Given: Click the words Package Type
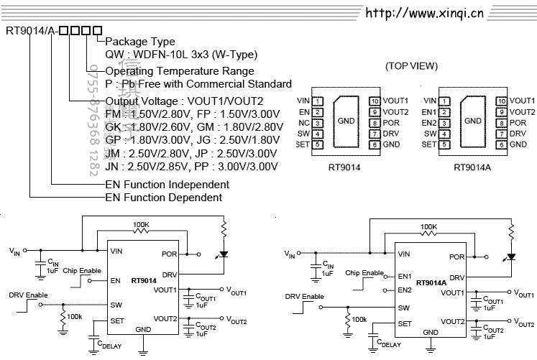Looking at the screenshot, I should pyautogui.click(x=140, y=42).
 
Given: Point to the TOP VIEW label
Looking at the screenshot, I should pyautogui.click(x=410, y=66).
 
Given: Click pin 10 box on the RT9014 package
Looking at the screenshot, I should pyautogui.click(x=374, y=101).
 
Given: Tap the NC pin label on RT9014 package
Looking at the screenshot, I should pyautogui.click(x=304, y=123).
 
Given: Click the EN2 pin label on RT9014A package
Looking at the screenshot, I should pyautogui.click(x=429, y=123).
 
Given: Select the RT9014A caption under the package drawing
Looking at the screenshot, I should pyautogui.click(x=473, y=167).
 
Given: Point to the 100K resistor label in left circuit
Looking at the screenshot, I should pyautogui.click(x=141, y=225).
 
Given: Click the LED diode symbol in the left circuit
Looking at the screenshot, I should pyautogui.click(x=224, y=254).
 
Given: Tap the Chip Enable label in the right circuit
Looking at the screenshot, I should pyautogui.click(x=364, y=272).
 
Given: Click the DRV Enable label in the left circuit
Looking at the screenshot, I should pyautogui.click(x=27, y=295).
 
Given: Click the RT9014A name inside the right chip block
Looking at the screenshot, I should pyautogui.click(x=431, y=283).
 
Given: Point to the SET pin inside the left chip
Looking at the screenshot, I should pyautogui.click(x=116, y=321).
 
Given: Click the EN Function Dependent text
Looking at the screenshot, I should pyautogui.click(x=164, y=198).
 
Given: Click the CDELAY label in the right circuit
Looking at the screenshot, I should pyautogui.click(x=387, y=344).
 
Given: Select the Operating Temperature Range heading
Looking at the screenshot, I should pyautogui.click(x=180, y=71).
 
